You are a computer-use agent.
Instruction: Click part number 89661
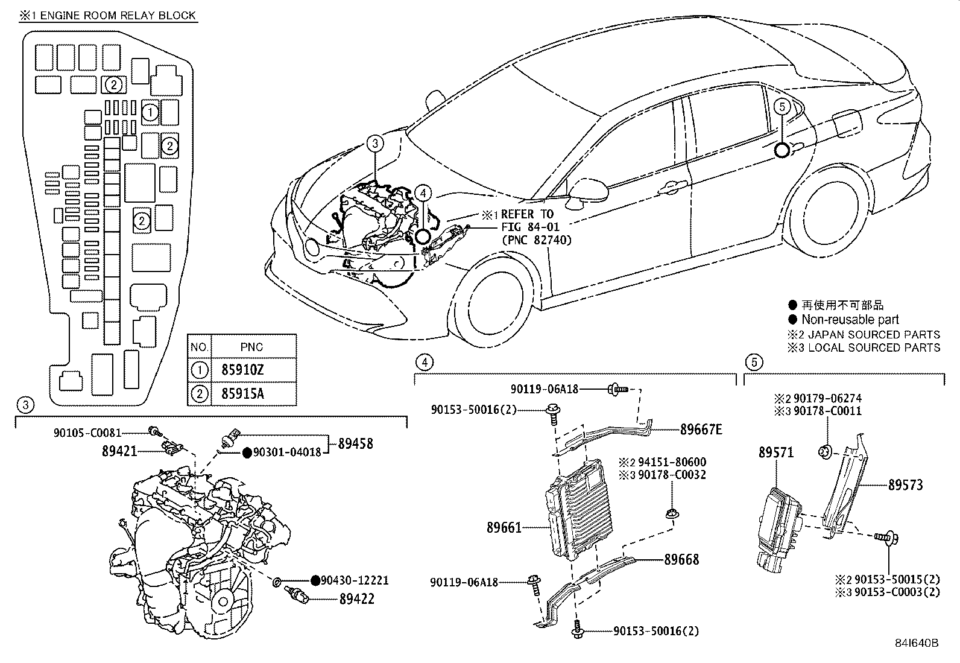point(504,528)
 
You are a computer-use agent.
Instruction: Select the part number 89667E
point(701,430)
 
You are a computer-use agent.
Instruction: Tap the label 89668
point(681,559)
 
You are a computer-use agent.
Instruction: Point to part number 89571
point(776,452)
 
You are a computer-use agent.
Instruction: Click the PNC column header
point(251,347)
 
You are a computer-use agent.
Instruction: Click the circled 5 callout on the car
point(781,107)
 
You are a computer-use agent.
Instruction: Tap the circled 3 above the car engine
point(374,144)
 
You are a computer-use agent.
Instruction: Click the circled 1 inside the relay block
point(150,112)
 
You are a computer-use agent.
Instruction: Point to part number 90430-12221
point(354,580)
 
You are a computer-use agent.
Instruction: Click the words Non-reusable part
point(850,320)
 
